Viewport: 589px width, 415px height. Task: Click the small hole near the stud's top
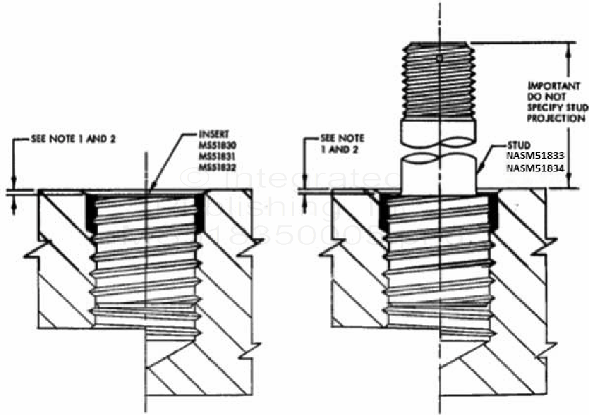tap(440, 59)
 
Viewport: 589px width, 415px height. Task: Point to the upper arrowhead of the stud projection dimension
tap(568, 46)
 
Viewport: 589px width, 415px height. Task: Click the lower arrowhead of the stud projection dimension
tap(568, 185)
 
